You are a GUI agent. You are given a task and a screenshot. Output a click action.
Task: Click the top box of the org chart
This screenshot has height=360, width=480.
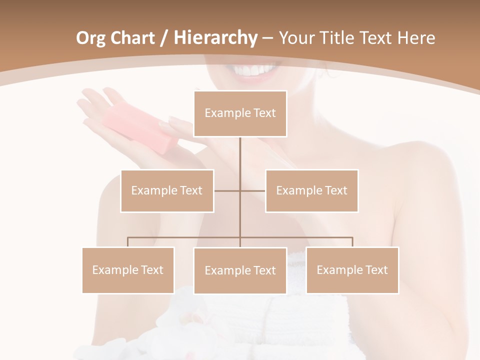240,113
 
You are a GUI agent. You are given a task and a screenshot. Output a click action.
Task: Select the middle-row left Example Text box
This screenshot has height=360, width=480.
167,190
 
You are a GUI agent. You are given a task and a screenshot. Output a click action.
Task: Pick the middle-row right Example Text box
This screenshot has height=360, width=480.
311,190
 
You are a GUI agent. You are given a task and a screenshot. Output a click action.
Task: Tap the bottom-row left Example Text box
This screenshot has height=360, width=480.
128,270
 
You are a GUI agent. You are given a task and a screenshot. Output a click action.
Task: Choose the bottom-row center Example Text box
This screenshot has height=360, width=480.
240,270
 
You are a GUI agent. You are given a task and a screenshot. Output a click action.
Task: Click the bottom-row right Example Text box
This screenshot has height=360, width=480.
352,270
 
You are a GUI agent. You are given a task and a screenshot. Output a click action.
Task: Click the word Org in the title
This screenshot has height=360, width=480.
90,38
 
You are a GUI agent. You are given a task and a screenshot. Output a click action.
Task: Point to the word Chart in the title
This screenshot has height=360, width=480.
133,38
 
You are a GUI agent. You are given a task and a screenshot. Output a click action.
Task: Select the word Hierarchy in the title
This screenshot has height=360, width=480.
215,38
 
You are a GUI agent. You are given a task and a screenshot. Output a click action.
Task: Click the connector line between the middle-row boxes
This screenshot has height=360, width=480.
240,190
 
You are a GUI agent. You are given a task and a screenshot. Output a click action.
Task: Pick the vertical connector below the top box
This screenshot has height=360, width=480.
240,155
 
